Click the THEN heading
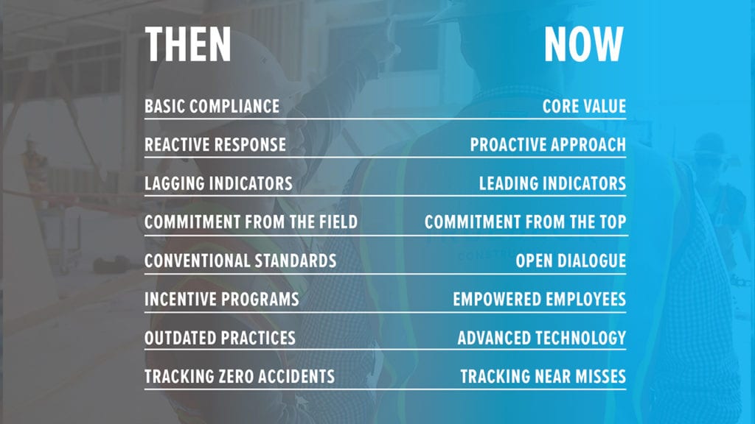(x=188, y=43)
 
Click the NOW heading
(x=584, y=43)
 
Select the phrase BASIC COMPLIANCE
(x=212, y=106)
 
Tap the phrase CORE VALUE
(x=584, y=106)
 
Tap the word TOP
(x=613, y=222)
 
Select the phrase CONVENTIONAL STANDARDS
(x=240, y=261)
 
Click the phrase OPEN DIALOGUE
(x=571, y=261)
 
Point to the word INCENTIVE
(x=174, y=299)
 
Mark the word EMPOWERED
(x=487, y=299)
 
